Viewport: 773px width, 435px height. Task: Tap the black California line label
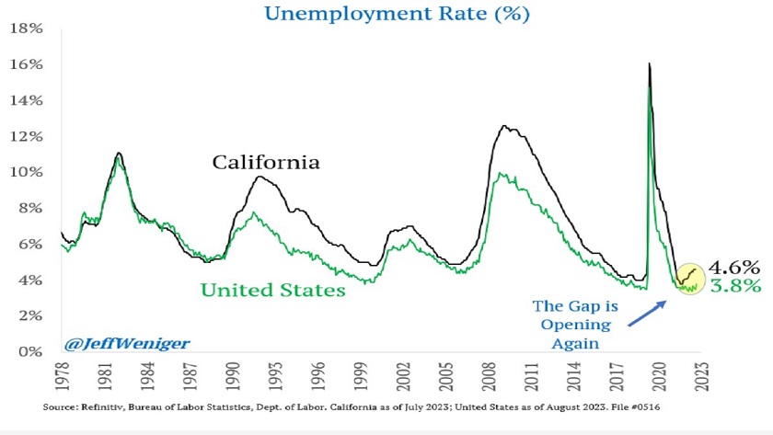click(266, 163)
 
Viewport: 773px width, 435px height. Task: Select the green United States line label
click(273, 290)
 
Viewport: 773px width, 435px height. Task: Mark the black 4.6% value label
click(734, 269)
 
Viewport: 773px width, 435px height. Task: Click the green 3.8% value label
click(734, 286)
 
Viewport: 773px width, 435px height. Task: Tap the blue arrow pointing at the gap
click(648, 311)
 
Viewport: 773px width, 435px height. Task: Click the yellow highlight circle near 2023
click(689, 277)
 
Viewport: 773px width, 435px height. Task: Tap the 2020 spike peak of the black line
click(650, 63)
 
